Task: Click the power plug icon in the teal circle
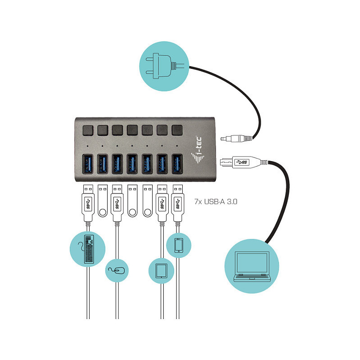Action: pos(164,66)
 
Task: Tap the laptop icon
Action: pos(252,266)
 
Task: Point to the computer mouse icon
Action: pos(117,271)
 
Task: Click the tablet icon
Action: pos(162,271)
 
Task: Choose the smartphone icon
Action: pos(179,245)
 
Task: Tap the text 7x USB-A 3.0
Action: pos(216,202)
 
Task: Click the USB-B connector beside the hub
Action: pos(243,162)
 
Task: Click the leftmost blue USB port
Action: pos(87,164)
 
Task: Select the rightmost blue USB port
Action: pos(177,164)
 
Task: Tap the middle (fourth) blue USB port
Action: pos(132,164)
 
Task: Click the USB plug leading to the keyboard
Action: pos(88,203)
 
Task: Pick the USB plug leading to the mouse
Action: pos(117,203)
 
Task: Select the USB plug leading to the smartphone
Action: pos(177,203)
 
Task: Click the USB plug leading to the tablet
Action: pos(162,203)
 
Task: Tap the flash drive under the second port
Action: pos(103,201)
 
